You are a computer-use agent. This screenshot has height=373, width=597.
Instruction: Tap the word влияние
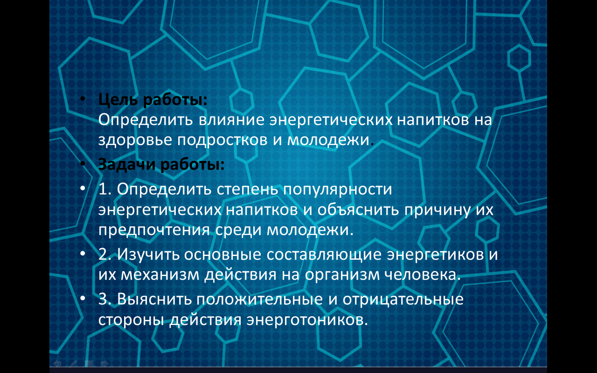click(x=231, y=120)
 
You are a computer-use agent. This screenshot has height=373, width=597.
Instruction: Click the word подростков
click(x=222, y=140)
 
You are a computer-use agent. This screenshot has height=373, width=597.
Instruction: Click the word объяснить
click(x=358, y=210)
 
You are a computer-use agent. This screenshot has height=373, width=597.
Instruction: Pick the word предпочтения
click(x=154, y=230)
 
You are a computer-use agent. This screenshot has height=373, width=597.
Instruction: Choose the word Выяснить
click(x=154, y=299)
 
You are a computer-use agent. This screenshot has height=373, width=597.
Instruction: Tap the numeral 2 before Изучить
click(x=103, y=254)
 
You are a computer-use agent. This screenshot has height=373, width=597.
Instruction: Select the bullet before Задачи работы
click(x=83, y=163)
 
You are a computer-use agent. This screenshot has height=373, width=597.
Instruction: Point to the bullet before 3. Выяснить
click(x=83, y=298)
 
